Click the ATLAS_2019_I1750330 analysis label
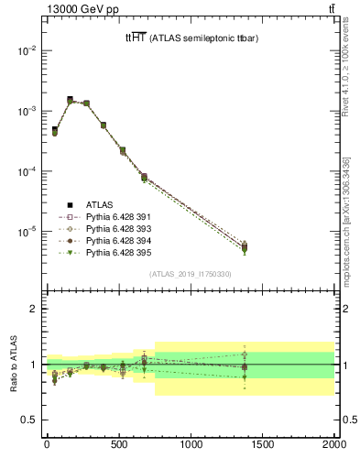click(x=191, y=273)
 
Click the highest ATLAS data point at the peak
click(x=70, y=99)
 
